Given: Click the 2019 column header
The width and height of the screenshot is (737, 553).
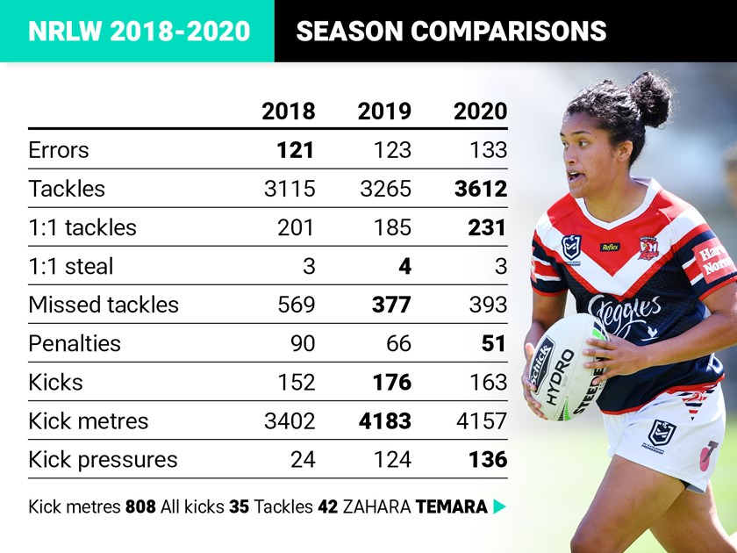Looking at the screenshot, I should (x=383, y=111).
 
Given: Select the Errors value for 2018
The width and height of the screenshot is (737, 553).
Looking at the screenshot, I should (x=295, y=150).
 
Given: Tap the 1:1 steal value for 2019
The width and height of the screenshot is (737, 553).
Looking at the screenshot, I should (x=404, y=266).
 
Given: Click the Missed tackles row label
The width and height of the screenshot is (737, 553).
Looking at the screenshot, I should (x=104, y=305).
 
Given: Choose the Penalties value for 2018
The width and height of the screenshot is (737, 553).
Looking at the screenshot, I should (x=302, y=343).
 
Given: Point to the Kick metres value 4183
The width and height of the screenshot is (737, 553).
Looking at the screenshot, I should (x=384, y=420).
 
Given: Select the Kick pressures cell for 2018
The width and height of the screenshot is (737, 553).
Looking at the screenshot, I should (x=302, y=459).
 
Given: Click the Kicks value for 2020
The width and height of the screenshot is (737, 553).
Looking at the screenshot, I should (x=487, y=382).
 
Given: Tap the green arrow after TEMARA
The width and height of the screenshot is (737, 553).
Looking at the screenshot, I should (x=500, y=506).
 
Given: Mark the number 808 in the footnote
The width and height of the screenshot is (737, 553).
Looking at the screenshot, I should (x=140, y=506).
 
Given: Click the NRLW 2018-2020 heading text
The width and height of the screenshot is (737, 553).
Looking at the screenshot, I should (x=139, y=32).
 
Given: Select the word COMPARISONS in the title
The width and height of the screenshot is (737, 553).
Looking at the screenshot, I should (x=513, y=32).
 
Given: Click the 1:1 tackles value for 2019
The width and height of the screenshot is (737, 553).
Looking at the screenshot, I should (x=391, y=227).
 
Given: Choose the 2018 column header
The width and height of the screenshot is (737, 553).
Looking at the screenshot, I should (x=288, y=111).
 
